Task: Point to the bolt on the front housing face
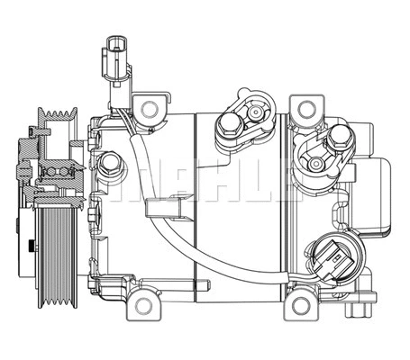coord(110,163)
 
